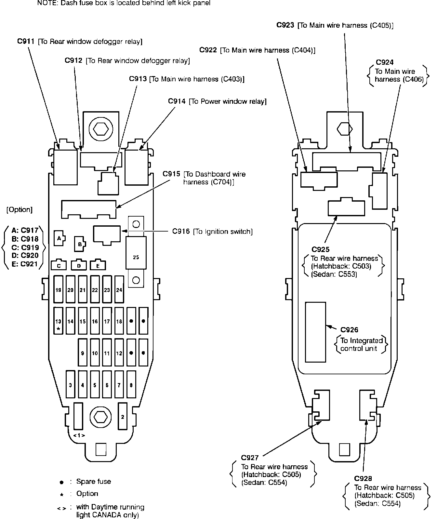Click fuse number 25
[x=136, y=257]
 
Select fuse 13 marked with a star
[x=58, y=321]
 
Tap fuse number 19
[x=58, y=289]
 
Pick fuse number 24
[x=119, y=289]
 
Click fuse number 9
[x=83, y=353]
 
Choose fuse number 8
[x=131, y=385]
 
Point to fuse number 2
[x=122, y=417]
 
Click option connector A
[x=59, y=238]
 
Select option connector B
[x=79, y=244]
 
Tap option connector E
[x=98, y=265]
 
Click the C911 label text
[x=26, y=42]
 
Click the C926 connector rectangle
[x=315, y=332]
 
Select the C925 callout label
[x=320, y=249]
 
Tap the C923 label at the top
[x=285, y=25]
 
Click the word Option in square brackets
[x=20, y=210]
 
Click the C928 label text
[x=363, y=478]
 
